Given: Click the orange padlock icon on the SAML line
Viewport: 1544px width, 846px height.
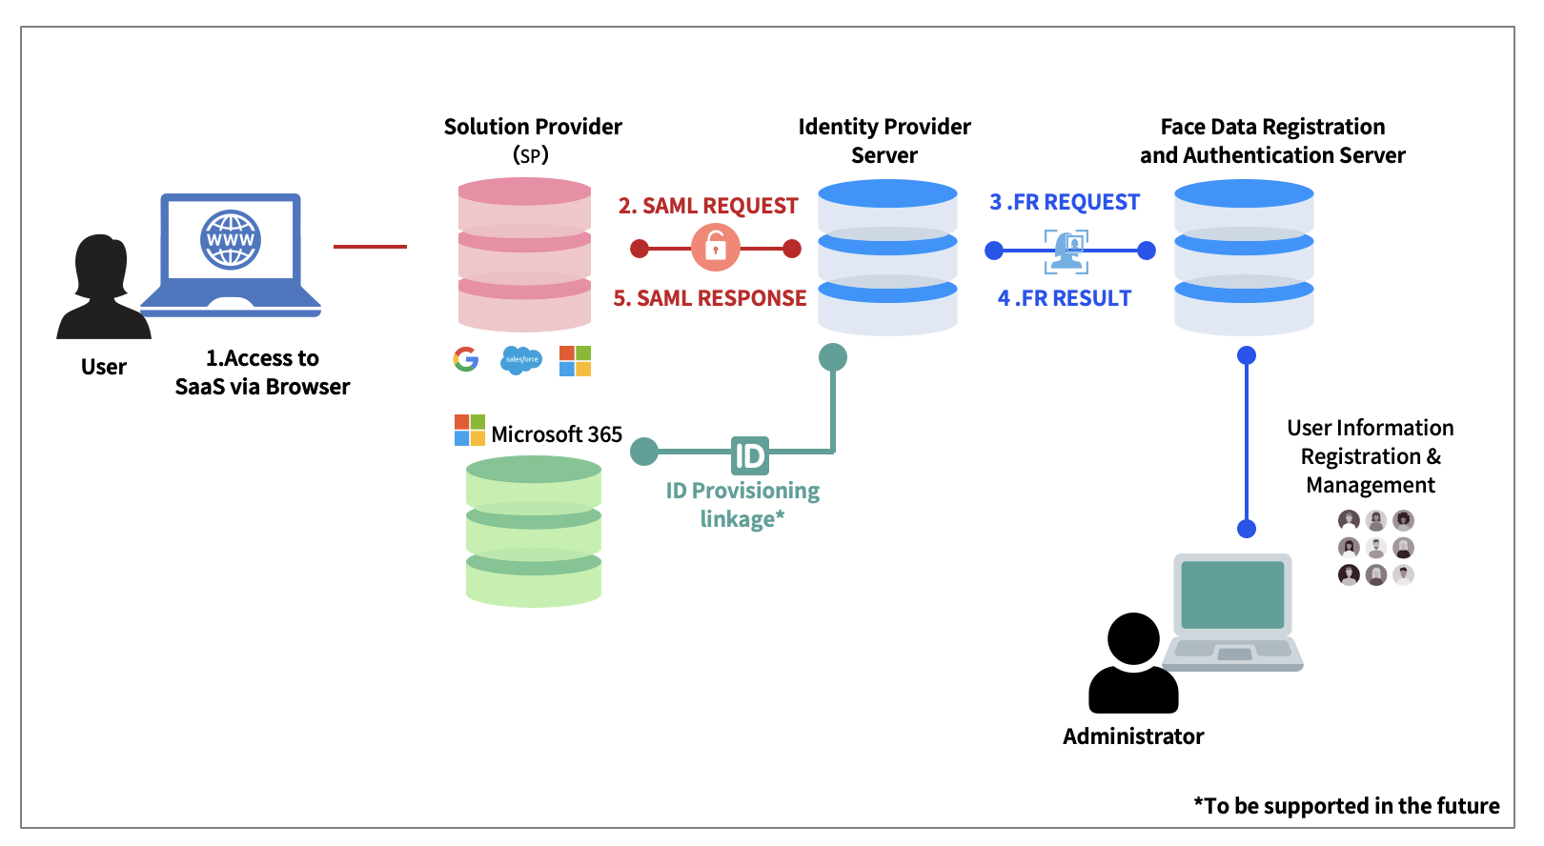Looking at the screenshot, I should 715,249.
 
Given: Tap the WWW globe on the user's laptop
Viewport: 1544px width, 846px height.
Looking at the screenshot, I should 231,240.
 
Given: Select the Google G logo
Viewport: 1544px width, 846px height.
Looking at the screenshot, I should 466,359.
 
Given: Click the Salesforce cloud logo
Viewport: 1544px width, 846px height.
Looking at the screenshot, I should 521,360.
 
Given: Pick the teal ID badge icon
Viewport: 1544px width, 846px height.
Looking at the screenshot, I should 749,455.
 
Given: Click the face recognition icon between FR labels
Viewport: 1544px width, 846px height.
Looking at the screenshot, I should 1067,251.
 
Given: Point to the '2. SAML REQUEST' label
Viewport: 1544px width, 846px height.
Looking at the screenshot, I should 708,206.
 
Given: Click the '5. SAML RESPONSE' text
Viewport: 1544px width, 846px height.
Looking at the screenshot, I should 710,298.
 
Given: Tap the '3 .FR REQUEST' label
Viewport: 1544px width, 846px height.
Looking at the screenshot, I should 1065,202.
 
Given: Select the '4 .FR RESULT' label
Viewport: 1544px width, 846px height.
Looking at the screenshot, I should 1065,298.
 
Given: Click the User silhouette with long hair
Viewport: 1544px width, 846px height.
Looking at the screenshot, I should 103,289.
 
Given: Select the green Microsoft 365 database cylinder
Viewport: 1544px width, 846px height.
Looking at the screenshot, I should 534,531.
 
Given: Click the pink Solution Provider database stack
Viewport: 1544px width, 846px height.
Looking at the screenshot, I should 525,254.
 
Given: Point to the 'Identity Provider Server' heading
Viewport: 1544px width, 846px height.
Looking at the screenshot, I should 884,140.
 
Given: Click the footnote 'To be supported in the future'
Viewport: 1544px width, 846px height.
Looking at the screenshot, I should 1347,806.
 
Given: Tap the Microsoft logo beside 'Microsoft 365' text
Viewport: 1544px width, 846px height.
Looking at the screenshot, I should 470,431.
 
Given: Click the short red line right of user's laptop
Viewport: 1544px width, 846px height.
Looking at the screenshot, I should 370,247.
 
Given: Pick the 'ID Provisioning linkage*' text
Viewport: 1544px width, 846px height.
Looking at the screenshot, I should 742,504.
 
